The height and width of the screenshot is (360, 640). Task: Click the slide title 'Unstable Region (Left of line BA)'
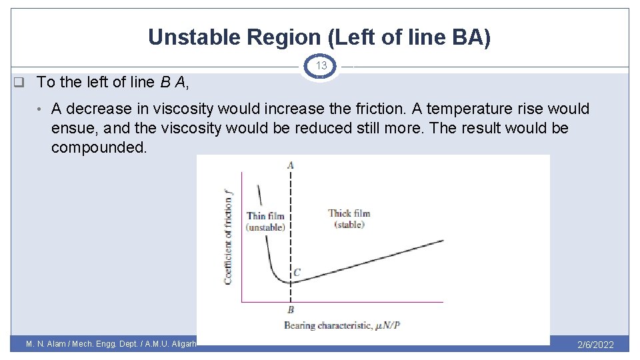(319, 37)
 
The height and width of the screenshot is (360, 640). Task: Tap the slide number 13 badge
(321, 66)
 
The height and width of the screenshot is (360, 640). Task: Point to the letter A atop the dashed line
(290, 165)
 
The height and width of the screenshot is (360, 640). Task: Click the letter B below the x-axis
(291, 310)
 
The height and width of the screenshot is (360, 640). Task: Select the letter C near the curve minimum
(297, 272)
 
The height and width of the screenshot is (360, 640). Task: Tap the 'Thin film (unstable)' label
(265, 221)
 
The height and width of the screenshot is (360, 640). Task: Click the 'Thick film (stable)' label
(349, 219)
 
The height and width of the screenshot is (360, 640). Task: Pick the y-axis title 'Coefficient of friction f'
(229, 237)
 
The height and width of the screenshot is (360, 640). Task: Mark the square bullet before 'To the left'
(19, 82)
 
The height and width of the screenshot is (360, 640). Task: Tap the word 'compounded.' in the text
(99, 147)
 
